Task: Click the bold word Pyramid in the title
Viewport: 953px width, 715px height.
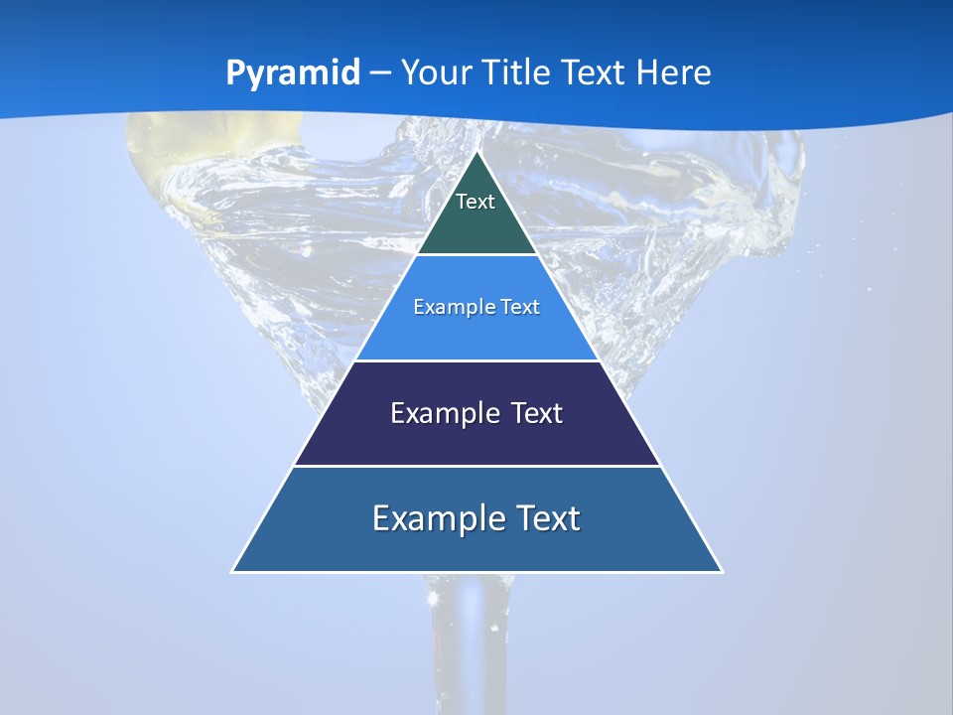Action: coord(293,73)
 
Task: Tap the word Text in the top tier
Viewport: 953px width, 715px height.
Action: coord(476,202)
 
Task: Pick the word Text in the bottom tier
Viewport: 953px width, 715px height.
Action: coord(545,518)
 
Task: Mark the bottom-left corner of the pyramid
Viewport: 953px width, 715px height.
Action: coord(232,571)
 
